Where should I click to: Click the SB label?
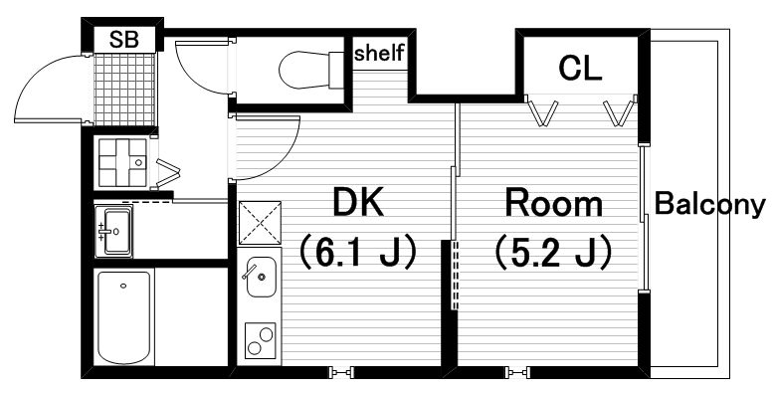[x=124, y=39]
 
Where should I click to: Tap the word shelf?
[x=380, y=53]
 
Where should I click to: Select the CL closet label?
[x=580, y=69]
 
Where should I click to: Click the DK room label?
[x=359, y=203]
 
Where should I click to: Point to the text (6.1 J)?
[x=359, y=252]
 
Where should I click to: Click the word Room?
[x=553, y=203]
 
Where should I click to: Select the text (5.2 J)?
[x=553, y=252]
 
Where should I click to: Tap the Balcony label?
[x=709, y=205]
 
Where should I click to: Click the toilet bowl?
[x=311, y=70]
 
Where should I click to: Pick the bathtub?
[x=123, y=317]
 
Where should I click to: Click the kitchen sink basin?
[x=261, y=277]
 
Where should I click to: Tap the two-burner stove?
[x=260, y=341]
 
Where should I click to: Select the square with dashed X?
[x=260, y=223]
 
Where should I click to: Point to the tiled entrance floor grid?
[x=124, y=89]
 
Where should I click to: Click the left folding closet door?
[x=542, y=112]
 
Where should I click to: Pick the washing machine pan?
[x=123, y=162]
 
